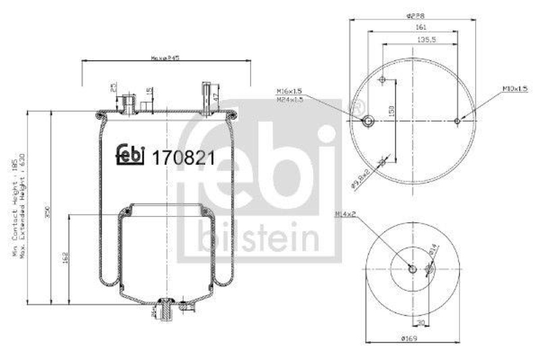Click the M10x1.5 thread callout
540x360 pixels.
[x=514, y=88]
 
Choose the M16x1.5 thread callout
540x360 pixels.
[x=288, y=91]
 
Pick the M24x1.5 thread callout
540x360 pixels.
[x=288, y=99]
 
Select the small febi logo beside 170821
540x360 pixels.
[x=131, y=155]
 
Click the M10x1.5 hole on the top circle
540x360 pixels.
[x=457, y=122]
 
